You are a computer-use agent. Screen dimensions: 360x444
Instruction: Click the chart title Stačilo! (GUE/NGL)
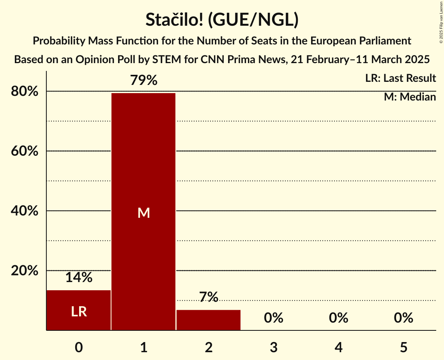click(222, 19)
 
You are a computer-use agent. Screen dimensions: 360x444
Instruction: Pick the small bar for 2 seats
click(209, 320)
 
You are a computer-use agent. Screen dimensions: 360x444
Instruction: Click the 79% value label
click(143, 81)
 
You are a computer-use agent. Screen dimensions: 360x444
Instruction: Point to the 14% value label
click(79, 278)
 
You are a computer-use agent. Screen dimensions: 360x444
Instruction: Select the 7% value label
click(209, 297)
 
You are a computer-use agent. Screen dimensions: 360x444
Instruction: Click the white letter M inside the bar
click(143, 213)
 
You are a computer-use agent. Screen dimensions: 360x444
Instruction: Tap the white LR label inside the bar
click(79, 312)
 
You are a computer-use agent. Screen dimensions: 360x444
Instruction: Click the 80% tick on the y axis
click(24, 92)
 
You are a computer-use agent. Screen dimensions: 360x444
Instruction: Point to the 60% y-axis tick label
click(24, 151)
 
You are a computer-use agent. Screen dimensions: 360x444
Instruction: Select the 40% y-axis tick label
click(24, 211)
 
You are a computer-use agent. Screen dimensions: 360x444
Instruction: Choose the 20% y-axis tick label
click(24, 271)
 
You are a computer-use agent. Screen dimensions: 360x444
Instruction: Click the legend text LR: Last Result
click(400, 78)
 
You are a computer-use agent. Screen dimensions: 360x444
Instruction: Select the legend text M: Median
click(410, 97)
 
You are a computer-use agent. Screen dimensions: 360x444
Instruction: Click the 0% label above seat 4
click(338, 318)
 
